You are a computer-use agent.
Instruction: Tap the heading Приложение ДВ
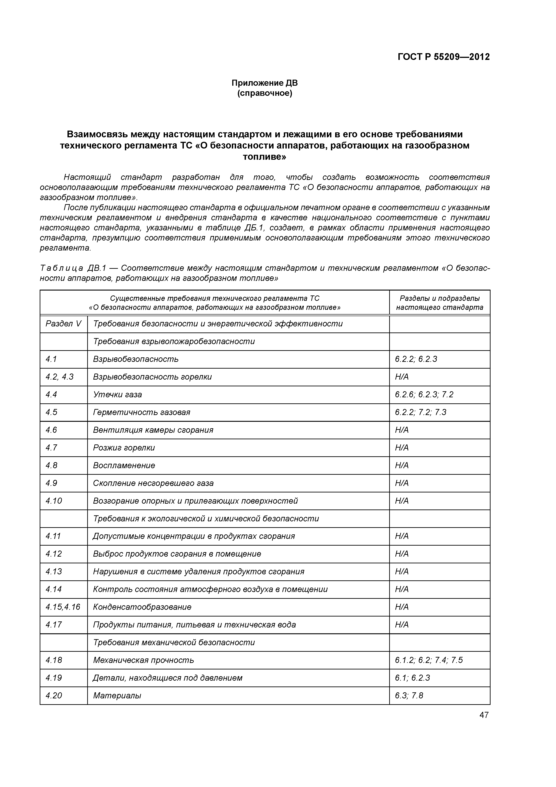[x=265, y=83]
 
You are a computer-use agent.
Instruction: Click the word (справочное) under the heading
[x=265, y=93]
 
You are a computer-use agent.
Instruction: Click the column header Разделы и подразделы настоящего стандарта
[x=439, y=303]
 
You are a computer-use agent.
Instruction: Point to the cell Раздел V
[x=63, y=324]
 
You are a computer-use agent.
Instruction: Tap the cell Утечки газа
[x=117, y=395]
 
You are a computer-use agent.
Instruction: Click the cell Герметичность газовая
[x=141, y=412]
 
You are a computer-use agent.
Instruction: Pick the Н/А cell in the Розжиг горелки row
[x=402, y=448]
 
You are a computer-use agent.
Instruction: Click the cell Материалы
[x=117, y=695]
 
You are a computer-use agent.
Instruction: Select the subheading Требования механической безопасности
[x=174, y=642]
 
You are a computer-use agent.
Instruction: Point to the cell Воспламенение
[x=124, y=466]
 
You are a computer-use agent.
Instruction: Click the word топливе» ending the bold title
[x=265, y=157]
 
